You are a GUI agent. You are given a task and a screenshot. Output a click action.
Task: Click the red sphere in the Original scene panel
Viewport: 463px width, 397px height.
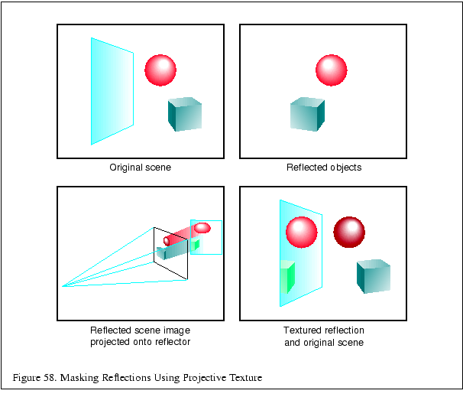[160, 70]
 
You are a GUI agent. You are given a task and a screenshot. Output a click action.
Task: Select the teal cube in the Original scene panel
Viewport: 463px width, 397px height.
[184, 115]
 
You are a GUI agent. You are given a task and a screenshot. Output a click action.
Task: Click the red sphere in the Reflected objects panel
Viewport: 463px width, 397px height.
[332, 70]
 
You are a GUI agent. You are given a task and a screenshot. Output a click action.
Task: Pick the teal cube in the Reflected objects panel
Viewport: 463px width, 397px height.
[307, 115]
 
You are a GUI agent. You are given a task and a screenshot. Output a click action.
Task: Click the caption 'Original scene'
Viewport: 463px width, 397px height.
[140, 168]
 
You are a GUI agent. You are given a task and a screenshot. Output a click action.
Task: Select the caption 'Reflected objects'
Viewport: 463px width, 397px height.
[324, 168]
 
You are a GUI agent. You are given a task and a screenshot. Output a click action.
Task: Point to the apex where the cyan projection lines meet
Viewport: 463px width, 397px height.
[63, 286]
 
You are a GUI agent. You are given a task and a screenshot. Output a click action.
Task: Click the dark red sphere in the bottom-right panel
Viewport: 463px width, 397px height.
[349, 231]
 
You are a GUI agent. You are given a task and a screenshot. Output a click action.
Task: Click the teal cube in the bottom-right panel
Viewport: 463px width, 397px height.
[373, 277]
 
